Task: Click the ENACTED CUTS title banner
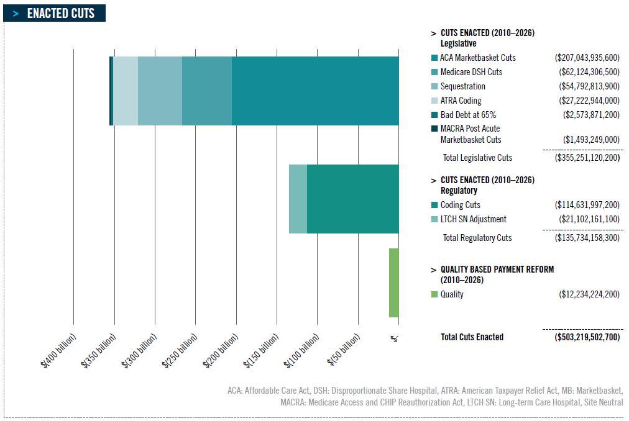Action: click(55, 13)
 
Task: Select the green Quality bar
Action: click(393, 283)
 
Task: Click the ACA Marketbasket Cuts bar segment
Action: click(315, 91)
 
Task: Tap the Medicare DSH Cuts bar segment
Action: click(207, 91)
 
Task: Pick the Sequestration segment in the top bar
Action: click(160, 91)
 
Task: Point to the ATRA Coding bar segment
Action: click(126, 91)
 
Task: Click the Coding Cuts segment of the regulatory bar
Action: click(352, 199)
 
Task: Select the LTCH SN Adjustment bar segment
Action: click(298, 199)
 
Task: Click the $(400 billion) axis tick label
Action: click(59, 351)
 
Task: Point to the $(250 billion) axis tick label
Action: click(181, 351)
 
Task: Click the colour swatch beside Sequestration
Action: click(434, 86)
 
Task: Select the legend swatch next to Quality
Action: click(434, 294)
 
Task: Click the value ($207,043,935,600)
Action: click(587, 58)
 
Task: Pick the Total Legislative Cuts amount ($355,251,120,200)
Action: click(587, 158)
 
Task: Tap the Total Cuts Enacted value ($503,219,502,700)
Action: click(587, 337)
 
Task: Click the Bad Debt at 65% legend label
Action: click(467, 115)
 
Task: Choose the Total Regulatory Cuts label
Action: click(477, 238)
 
